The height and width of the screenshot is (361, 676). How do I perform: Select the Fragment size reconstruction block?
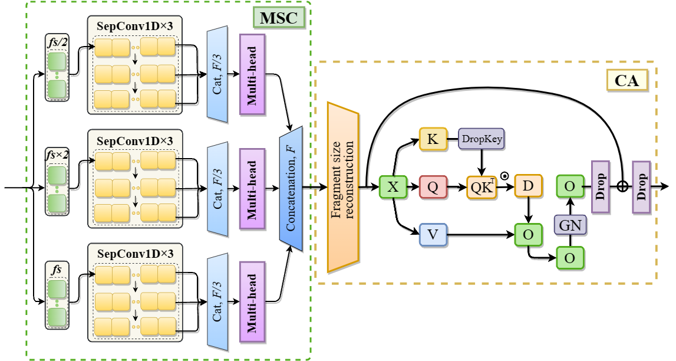click(344, 187)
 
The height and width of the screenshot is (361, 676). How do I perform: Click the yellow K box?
click(433, 139)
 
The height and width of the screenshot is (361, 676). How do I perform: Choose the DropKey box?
click(483, 139)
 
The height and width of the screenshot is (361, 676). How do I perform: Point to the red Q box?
click(433, 187)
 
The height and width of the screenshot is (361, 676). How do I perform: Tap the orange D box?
click(528, 187)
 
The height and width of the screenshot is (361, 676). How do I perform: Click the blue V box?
click(433, 235)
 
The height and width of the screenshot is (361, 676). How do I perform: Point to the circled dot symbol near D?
click(504, 175)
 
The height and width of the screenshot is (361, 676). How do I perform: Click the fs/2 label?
click(57, 41)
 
